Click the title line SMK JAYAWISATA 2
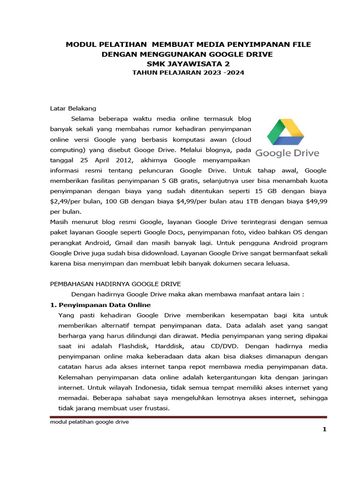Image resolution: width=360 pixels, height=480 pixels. click(188, 63)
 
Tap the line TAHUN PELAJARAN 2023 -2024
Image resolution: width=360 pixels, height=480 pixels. click(188, 73)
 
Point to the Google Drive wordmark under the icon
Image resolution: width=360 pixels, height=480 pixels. click(287, 153)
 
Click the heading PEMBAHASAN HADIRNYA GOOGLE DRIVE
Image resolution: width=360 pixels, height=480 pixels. click(115, 284)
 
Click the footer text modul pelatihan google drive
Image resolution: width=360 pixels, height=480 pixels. click(89, 422)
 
